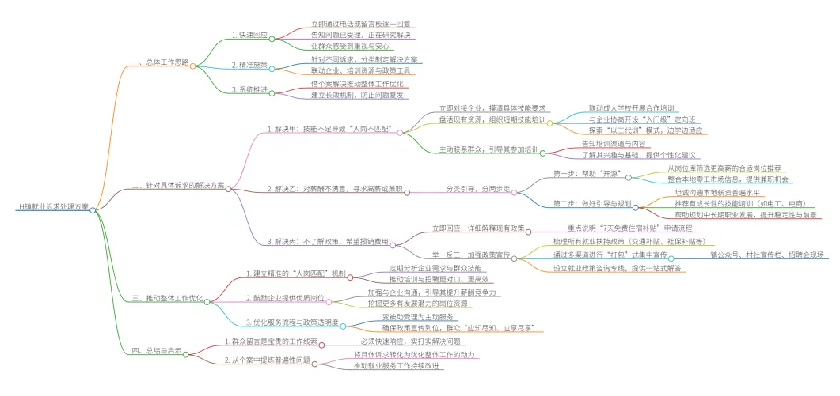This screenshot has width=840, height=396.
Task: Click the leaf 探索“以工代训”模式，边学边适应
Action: (645, 130)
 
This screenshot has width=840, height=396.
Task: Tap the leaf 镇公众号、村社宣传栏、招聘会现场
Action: (766, 255)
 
